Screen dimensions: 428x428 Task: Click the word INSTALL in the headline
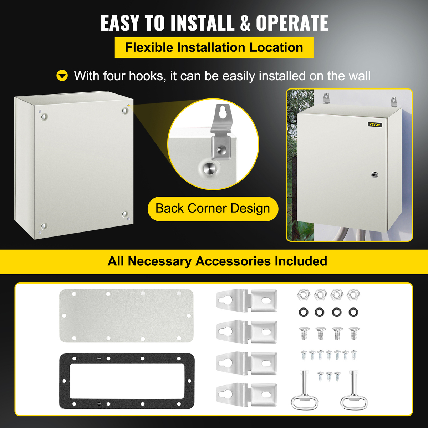coord(202,23)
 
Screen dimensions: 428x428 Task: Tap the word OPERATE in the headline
coord(292,23)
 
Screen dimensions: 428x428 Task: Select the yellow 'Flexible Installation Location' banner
coord(214,47)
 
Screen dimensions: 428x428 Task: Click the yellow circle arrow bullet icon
coord(62,76)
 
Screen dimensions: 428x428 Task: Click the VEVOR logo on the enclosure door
coord(374,124)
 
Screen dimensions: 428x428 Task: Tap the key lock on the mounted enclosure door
coord(374,175)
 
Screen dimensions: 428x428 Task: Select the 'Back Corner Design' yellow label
coord(213,209)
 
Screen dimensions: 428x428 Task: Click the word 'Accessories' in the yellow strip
coord(233,261)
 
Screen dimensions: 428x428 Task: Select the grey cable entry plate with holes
coord(126,315)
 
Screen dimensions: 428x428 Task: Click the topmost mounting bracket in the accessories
coord(247,301)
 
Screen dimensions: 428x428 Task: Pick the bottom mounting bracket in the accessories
coord(247,394)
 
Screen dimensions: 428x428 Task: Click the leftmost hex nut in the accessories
coord(303,295)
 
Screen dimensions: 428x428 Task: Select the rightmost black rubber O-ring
coord(353,312)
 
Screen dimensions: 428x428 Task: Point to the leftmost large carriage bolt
coord(304,333)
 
